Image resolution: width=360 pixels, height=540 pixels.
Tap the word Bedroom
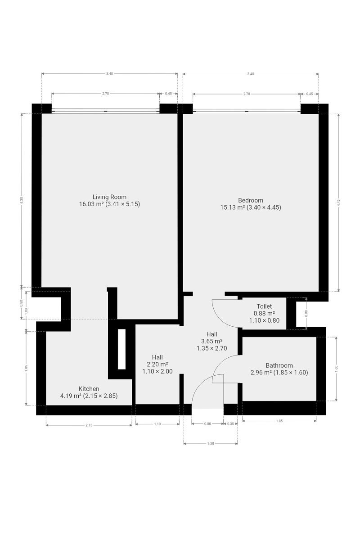tap(251, 200)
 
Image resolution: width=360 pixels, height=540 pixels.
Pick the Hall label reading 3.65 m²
tap(211, 341)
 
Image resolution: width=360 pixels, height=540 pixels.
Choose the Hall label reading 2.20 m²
tap(157, 364)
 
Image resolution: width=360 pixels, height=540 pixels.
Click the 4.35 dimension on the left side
tap(22, 201)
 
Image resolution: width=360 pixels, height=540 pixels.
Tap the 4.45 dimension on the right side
tap(339, 202)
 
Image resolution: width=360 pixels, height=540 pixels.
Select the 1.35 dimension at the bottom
tap(211, 444)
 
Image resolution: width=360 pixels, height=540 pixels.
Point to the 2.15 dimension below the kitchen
tap(89, 425)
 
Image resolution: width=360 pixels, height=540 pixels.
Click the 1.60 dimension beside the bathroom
tap(336, 369)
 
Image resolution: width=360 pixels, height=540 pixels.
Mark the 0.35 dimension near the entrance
tap(230, 424)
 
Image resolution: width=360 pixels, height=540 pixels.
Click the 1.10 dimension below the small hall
tap(157, 424)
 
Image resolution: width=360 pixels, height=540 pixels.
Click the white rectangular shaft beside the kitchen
tap(121, 349)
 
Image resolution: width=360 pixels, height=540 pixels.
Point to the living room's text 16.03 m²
tap(92, 204)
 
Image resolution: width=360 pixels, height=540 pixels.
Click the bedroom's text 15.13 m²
tap(233, 207)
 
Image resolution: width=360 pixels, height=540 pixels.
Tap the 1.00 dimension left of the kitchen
tap(26, 311)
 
